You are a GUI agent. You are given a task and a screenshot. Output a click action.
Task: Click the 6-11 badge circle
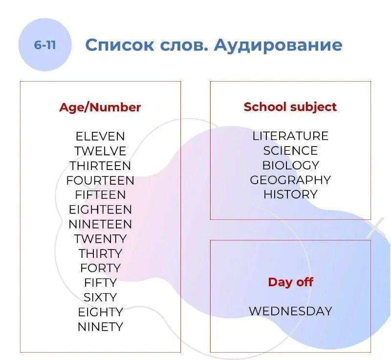point(44,45)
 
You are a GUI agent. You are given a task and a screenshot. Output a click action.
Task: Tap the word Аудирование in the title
point(278,45)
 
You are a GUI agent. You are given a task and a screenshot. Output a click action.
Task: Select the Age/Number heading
point(100,107)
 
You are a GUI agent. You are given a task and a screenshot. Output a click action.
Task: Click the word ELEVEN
point(100,136)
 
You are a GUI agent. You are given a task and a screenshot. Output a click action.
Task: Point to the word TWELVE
point(100,151)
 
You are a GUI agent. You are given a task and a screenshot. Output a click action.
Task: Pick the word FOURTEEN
point(100,180)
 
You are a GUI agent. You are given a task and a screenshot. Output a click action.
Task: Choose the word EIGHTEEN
point(100,210)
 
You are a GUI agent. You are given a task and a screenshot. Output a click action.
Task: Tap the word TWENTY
point(100,239)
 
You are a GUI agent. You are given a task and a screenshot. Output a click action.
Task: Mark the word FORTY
point(100,268)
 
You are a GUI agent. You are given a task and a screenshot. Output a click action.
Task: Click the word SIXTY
point(100,297)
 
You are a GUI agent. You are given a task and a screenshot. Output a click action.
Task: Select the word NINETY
point(100,326)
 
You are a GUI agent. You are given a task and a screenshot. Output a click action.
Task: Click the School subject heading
point(290,107)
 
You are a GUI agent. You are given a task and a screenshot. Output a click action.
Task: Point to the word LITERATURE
point(290,136)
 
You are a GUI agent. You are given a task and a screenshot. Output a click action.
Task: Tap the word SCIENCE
point(290,150)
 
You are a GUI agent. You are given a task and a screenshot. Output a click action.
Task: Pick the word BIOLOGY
point(290,165)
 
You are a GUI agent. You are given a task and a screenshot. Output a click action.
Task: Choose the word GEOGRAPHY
point(290,180)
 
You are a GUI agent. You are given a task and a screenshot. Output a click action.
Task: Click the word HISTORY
point(290,194)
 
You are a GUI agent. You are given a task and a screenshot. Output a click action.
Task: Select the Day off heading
point(290,282)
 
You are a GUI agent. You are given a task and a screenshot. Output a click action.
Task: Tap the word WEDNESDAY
point(290,311)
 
